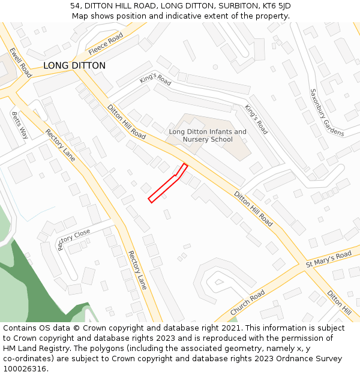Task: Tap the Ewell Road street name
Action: tap(20, 62)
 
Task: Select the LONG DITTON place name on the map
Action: tap(74, 66)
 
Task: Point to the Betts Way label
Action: tap(20, 125)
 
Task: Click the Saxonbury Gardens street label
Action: tap(326, 112)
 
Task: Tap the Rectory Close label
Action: tap(74, 239)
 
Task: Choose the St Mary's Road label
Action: tap(328, 259)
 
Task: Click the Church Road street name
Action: tap(247, 303)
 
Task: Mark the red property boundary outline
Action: tap(168, 184)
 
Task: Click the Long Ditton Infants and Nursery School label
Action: tap(208, 136)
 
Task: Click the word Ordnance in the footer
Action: tap(287, 359)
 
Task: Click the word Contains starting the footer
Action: tap(21, 328)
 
